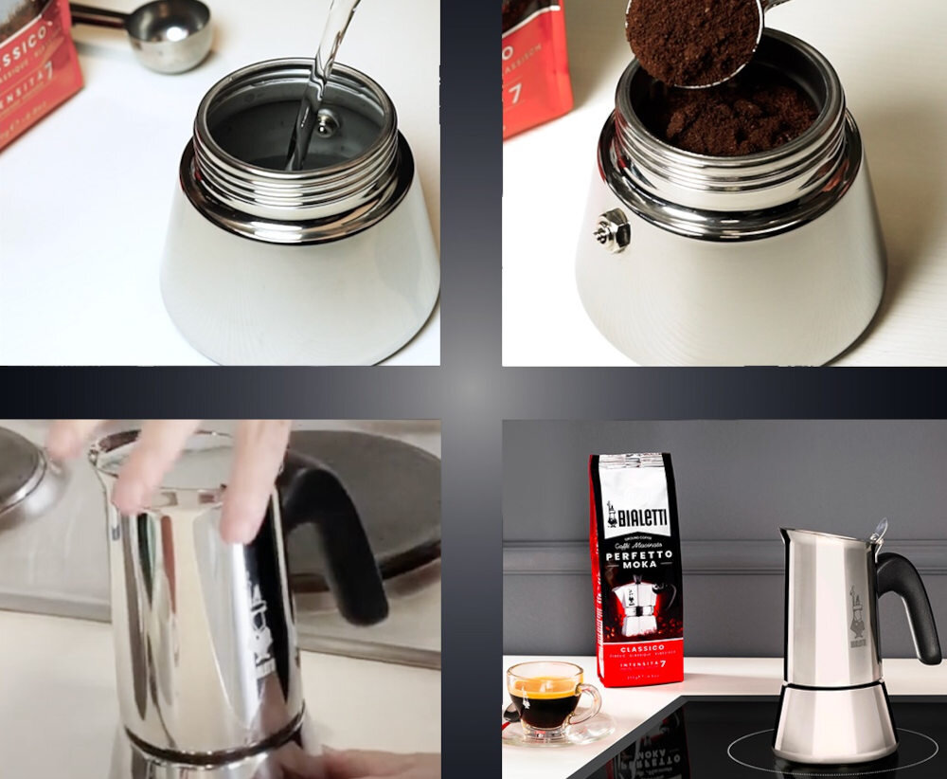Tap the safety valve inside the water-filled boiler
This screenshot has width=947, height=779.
click(x=327, y=120)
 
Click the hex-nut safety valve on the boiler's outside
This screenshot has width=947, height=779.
click(x=612, y=229)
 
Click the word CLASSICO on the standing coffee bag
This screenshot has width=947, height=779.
click(x=636, y=646)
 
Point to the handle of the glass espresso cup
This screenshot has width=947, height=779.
click(x=593, y=703)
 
